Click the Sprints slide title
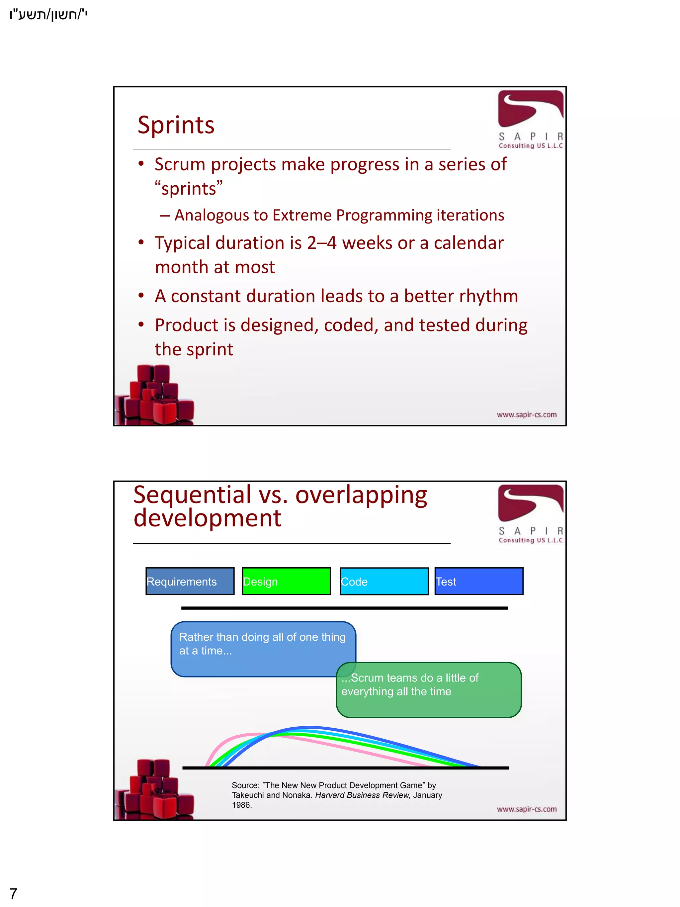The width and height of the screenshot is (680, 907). click(176, 125)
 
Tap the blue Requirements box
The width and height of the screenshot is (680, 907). click(190, 581)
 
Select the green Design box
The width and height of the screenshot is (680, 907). click(286, 581)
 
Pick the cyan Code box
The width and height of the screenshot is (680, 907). click(384, 581)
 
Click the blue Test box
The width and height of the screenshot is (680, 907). click(479, 581)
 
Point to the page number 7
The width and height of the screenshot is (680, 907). click(14, 893)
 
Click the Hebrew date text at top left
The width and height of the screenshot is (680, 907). click(48, 15)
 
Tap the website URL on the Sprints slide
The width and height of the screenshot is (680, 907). click(527, 414)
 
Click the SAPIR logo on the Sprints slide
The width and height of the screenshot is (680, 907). click(530, 119)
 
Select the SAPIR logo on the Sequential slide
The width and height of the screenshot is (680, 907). click(530, 513)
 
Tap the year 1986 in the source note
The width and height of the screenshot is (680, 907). click(241, 805)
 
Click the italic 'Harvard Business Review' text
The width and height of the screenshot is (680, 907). click(362, 795)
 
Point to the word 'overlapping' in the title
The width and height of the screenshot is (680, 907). click(361, 495)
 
